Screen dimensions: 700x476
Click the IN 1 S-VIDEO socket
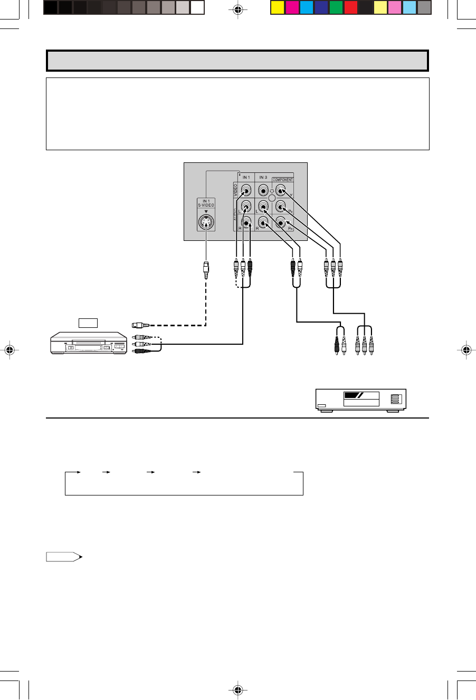206,223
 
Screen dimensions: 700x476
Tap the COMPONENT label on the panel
283,180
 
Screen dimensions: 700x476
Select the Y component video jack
281,191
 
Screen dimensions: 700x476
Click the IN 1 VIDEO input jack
245,191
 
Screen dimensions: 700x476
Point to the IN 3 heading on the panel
263,177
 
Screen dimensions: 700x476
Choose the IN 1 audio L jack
245,208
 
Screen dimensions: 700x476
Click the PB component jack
281,208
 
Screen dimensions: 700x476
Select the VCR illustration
88,345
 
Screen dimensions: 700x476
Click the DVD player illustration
361,400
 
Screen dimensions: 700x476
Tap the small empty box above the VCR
88,323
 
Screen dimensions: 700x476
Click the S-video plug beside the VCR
140,326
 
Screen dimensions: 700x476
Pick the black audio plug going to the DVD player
337,344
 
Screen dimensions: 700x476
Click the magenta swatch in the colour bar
292,7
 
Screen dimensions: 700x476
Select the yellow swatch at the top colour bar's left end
278,7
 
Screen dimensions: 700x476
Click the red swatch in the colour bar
351,7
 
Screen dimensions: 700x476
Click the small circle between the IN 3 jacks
272,198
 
